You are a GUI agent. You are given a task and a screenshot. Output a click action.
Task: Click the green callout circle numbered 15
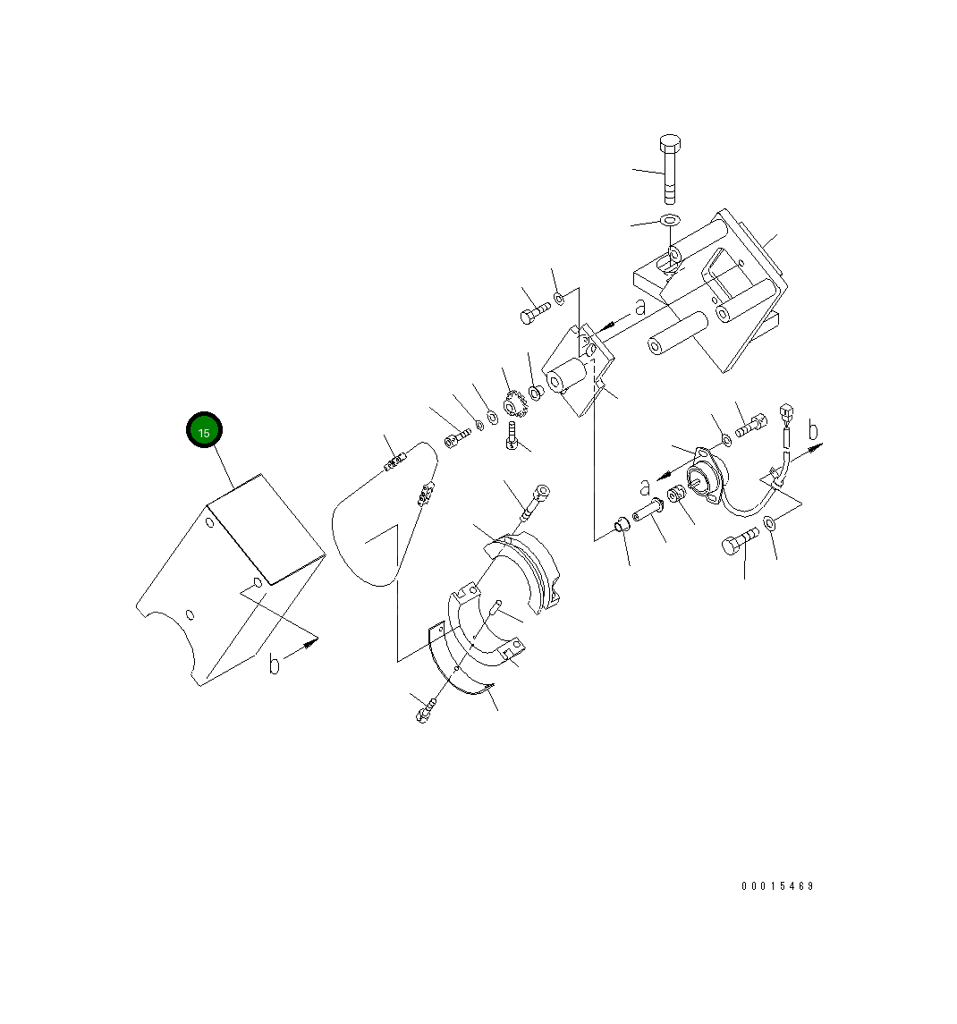tap(204, 432)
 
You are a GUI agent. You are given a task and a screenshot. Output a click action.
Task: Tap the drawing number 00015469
tap(777, 886)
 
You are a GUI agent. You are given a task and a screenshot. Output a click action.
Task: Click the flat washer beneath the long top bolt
tap(670, 220)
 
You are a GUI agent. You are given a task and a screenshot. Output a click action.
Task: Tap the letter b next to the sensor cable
tap(813, 431)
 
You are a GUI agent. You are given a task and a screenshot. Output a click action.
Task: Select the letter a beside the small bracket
tap(639, 307)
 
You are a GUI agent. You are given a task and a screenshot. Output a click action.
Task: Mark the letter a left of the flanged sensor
tap(644, 487)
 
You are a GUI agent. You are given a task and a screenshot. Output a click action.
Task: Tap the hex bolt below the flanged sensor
tap(739, 539)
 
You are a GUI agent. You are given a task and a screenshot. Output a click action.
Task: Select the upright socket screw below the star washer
tap(512, 435)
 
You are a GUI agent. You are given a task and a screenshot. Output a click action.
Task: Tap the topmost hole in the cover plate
tap(209, 522)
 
